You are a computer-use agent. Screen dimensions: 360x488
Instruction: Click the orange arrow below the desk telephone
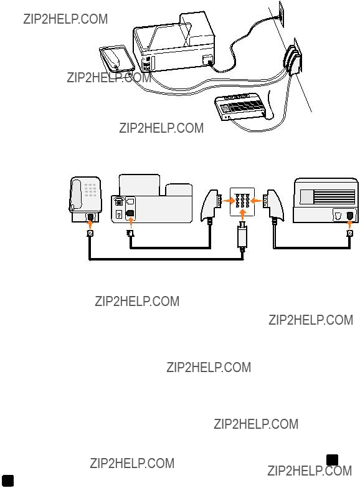90,224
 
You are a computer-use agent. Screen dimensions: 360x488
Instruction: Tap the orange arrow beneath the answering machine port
350,224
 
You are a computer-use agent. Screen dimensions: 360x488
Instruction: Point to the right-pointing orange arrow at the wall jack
230,201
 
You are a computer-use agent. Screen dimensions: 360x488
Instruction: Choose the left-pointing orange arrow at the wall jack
256,201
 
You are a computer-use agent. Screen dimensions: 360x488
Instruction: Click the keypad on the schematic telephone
90,190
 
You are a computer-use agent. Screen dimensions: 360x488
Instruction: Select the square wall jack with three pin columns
242,202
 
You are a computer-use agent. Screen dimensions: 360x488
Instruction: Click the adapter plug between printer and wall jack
211,206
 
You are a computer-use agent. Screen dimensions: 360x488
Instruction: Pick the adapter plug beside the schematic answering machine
273,206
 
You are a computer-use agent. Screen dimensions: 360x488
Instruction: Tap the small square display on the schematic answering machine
306,197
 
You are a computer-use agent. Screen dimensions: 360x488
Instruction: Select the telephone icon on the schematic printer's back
118,201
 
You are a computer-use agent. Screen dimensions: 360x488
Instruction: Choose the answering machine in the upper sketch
242,107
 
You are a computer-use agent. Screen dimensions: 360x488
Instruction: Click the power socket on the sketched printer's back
207,59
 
